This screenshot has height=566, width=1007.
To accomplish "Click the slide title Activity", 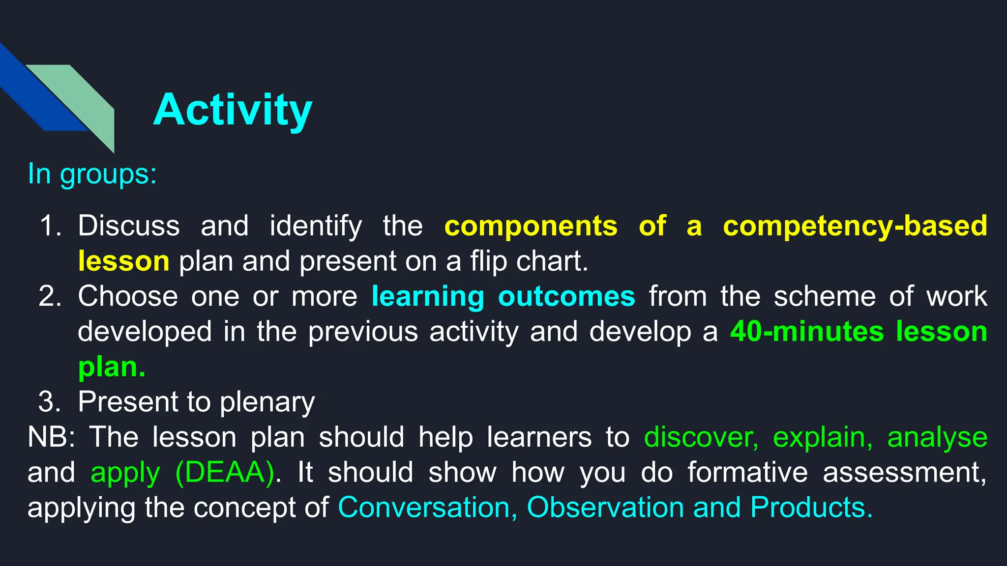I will [233, 110].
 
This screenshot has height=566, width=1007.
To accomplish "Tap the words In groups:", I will [92, 174].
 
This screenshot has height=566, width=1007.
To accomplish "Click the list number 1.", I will [50, 226].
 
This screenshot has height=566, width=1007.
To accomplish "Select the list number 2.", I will [50, 297].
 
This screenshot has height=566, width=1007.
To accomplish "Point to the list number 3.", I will [50, 402].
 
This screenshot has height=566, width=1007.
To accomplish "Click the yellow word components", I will [531, 226].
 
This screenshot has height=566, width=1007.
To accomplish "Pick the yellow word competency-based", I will [855, 226].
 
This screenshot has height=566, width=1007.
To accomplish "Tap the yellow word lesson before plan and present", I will [123, 261].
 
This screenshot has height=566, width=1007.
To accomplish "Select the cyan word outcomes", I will [566, 297].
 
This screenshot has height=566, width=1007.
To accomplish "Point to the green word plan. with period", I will [112, 367].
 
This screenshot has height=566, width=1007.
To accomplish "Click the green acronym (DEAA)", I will [225, 473].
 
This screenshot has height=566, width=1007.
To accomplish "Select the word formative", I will [747, 473].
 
